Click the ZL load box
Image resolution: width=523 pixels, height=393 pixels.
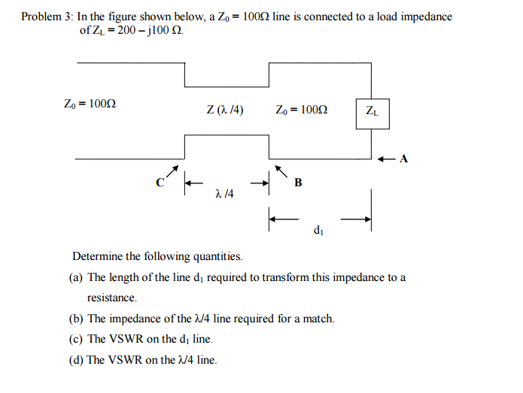(372, 113)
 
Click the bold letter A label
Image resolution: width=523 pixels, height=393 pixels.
(404, 159)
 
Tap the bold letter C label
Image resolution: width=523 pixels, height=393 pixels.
(159, 182)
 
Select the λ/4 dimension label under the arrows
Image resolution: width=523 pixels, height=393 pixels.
(223, 194)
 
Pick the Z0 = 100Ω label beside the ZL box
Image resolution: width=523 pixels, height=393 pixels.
(301, 110)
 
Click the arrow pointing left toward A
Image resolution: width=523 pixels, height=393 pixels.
(386, 159)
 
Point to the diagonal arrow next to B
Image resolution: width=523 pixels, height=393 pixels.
(280, 171)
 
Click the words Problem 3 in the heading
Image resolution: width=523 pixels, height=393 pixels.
(47, 17)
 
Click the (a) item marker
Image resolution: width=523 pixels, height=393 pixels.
(76, 277)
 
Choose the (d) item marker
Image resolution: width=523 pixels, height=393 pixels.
(76, 360)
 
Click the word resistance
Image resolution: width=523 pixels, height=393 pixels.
(111, 298)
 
